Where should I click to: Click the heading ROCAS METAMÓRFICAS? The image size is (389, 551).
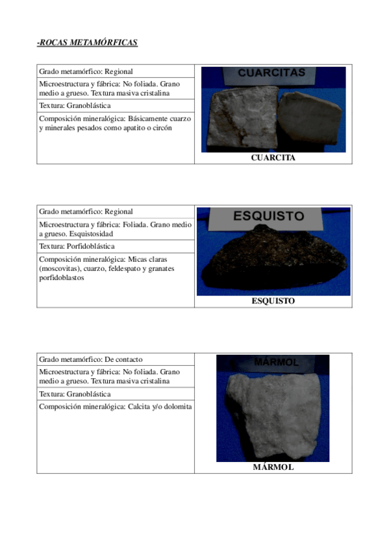coord(88,43)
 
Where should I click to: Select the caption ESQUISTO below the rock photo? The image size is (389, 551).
coord(273,301)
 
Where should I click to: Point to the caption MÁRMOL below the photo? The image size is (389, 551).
coord(273,467)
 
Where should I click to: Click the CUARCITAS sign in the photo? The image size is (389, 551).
coord(271,73)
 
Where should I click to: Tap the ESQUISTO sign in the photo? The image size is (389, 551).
coord(268,216)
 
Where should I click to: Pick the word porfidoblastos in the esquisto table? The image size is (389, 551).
coord(61,278)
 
